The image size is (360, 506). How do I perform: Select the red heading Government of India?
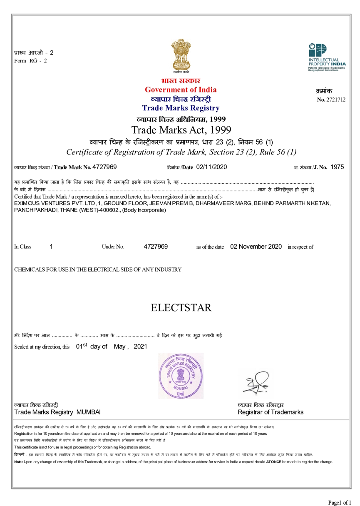(x=180, y=90)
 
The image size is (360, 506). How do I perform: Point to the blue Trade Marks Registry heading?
(x=180, y=108)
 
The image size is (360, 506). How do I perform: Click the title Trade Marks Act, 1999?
(x=181, y=129)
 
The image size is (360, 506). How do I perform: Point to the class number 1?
(x=51, y=247)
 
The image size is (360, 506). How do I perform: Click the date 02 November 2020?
(x=256, y=247)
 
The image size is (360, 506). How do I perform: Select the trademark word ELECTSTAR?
(x=181, y=308)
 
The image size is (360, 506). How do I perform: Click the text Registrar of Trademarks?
(x=271, y=412)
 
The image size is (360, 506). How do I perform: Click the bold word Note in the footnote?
(x=18, y=461)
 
